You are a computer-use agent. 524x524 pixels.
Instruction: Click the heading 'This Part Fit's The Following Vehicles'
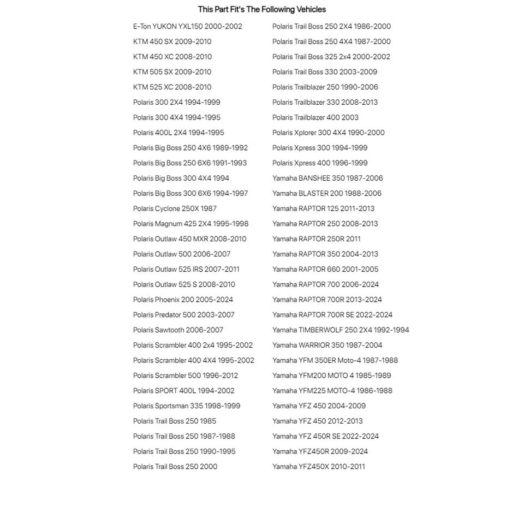click(261, 9)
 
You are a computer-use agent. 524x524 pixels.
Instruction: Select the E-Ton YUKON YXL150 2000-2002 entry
click(187, 26)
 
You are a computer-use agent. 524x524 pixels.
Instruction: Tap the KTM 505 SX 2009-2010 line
click(172, 72)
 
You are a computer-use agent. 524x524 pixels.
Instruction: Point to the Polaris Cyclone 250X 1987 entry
click(175, 209)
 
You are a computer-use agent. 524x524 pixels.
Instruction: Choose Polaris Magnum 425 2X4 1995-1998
click(190, 224)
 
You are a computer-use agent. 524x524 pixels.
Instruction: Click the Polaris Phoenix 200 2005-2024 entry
click(183, 300)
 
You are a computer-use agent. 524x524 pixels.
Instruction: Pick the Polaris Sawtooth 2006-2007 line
click(178, 330)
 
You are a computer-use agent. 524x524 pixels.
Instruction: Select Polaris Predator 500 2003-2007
click(183, 315)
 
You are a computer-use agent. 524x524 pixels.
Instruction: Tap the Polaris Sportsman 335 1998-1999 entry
click(186, 406)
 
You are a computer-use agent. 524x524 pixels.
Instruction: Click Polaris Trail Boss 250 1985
click(174, 421)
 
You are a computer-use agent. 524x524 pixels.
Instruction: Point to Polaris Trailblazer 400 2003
click(315, 117)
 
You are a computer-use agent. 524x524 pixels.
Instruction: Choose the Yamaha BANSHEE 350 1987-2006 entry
click(327, 178)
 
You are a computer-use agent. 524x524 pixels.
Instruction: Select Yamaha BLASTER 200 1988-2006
click(326, 193)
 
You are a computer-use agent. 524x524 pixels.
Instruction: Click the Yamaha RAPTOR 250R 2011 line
click(316, 239)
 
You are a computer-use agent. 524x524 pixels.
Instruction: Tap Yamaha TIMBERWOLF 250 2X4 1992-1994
click(341, 330)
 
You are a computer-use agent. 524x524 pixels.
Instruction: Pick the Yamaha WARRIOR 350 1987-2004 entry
click(327, 346)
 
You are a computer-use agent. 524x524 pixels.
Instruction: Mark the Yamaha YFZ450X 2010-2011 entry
click(318, 467)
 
